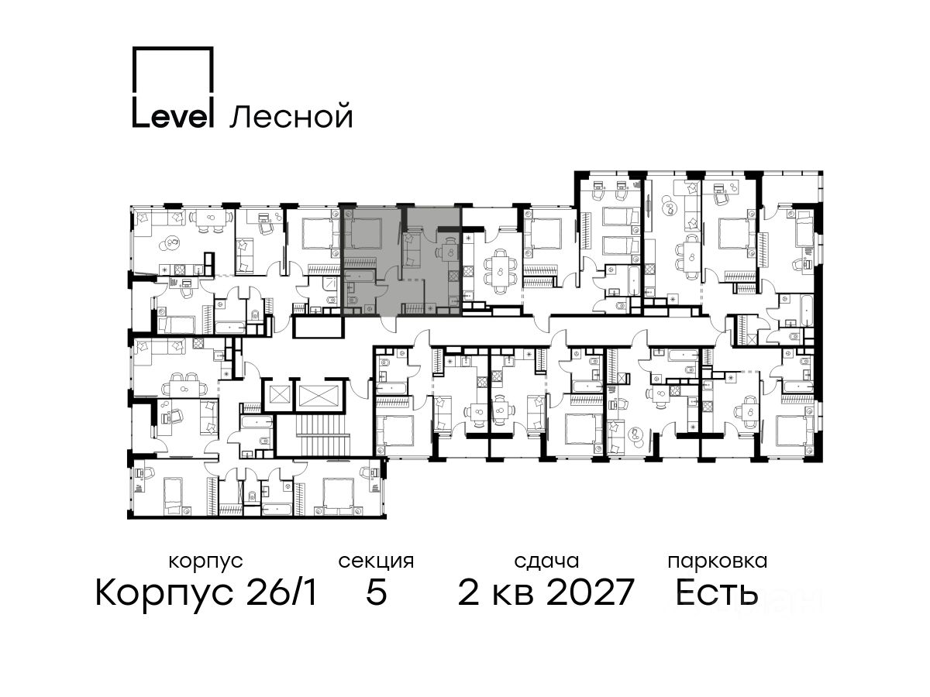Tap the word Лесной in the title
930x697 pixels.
tap(291, 116)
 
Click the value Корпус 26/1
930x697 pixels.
tap(206, 592)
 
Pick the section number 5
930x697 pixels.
tap(376, 592)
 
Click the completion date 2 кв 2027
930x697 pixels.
tap(546, 592)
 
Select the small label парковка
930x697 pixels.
tap(718, 561)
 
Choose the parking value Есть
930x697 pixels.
tap(717, 592)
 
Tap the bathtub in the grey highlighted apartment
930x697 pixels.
tap(360, 276)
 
